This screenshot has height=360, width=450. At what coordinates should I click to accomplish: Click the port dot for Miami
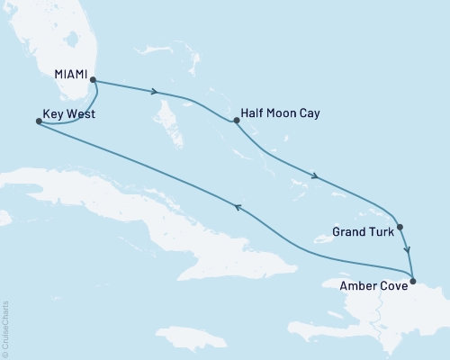tap(94, 81)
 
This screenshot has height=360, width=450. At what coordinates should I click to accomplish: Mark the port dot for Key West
tap(38, 122)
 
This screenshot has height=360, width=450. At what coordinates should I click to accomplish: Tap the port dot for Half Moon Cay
tap(236, 120)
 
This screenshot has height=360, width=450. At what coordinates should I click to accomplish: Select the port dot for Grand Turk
tap(400, 228)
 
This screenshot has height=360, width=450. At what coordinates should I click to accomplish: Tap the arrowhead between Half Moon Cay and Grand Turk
tap(315, 176)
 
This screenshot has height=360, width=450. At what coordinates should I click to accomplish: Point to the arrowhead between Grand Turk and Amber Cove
tap(408, 251)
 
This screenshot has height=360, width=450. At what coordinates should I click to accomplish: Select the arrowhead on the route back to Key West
tap(238, 207)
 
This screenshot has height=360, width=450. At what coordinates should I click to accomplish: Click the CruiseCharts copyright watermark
tap(6, 328)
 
